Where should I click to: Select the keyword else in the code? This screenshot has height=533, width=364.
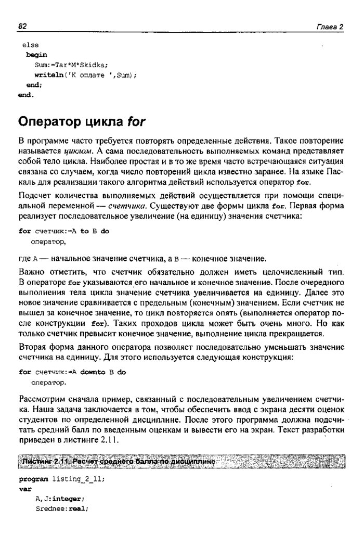point(30,45)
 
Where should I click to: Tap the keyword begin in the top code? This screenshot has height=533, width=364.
point(36,55)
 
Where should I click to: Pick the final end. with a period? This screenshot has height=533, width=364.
point(25,95)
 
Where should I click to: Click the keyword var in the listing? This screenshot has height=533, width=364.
point(24,489)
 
